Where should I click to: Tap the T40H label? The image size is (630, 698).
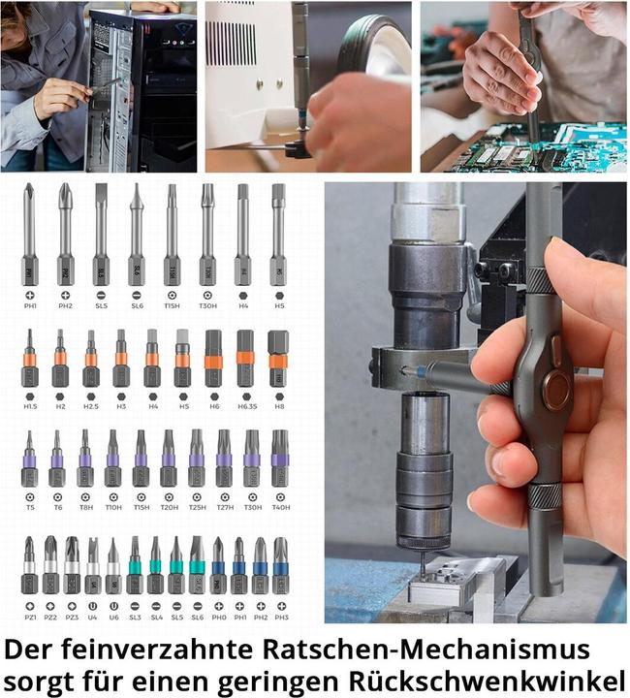pos(280,507)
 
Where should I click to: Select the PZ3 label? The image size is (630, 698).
pos(72,617)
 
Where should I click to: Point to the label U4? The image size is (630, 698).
pos(93,617)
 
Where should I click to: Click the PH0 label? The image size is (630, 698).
pos(218,617)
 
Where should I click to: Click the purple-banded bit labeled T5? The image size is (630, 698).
pos(29,460)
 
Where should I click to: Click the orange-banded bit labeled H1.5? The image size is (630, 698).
pos(29,360)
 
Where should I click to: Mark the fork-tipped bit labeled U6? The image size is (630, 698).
pos(113,567)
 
